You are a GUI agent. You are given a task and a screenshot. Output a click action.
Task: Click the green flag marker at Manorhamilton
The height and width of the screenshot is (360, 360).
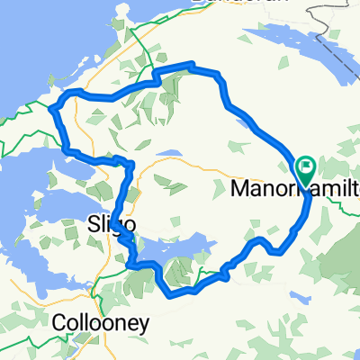tap(304, 166)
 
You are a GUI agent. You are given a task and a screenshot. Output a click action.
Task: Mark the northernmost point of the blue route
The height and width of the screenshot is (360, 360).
tap(191, 63)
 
